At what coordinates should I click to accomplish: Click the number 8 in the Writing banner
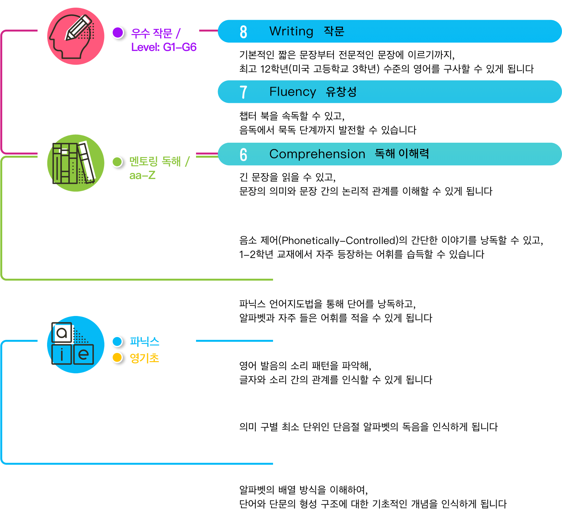[243, 32]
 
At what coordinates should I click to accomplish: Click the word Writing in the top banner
[291, 31]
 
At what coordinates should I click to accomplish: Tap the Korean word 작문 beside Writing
[334, 31]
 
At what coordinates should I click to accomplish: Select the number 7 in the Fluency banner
[243, 92]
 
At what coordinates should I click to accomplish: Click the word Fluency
[292, 92]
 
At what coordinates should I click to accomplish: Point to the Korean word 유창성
[341, 92]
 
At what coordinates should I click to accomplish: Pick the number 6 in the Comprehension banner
[243, 154]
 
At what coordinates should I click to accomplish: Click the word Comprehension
[317, 154]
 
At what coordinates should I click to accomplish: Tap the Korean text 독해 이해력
[402, 154]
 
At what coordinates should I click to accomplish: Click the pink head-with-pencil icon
[76, 36]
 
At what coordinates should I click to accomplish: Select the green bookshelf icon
[76, 163]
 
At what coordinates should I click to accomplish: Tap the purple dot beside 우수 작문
[118, 32]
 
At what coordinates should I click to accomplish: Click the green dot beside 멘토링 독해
[117, 162]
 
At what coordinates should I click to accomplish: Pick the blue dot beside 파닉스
[117, 341]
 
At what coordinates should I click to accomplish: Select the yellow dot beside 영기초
[117, 358]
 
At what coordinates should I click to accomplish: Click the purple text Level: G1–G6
[164, 47]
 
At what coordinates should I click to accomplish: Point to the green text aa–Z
[142, 175]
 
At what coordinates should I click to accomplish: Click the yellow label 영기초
[144, 358]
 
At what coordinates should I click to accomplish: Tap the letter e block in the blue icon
[84, 355]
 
